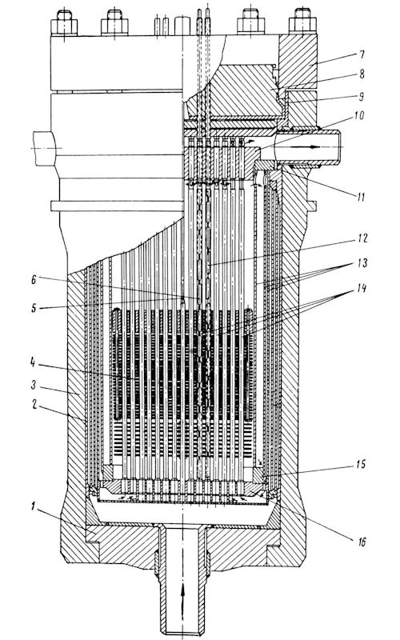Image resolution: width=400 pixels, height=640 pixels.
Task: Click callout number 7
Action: point(361,54)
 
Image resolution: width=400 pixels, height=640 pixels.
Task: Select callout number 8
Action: point(361,74)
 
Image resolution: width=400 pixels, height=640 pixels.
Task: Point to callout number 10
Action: point(358,115)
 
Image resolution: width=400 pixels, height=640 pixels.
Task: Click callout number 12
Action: point(362,238)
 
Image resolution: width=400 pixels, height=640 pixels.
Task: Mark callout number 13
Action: point(362,262)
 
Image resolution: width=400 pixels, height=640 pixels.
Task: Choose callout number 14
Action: point(361,289)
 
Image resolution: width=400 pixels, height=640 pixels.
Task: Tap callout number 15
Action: point(361,465)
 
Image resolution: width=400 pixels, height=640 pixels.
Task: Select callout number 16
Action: point(362,542)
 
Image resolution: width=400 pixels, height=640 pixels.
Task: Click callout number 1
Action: point(33,506)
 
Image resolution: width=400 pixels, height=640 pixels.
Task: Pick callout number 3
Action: point(33,384)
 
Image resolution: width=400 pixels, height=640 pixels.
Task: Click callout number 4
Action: point(33,362)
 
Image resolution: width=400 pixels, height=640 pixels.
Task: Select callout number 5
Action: point(34,307)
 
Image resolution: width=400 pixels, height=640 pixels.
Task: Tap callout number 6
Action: point(34,279)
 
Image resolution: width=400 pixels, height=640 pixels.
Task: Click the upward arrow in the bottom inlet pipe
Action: point(182,597)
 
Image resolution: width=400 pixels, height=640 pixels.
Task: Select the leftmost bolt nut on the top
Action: point(65,22)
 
